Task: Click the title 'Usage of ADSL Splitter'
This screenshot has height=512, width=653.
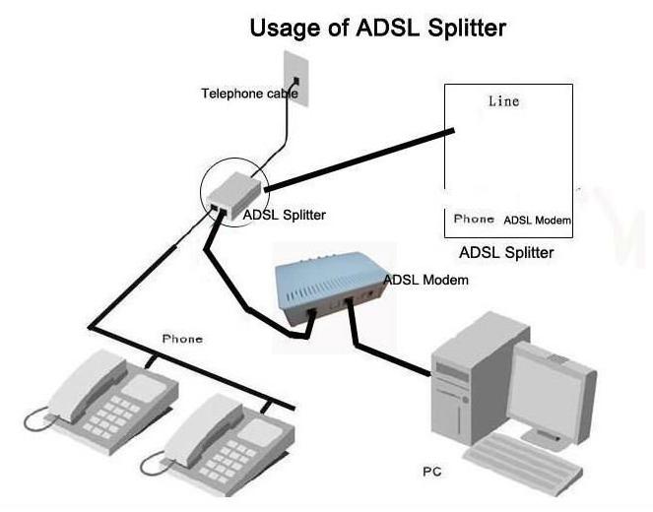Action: [x=378, y=27]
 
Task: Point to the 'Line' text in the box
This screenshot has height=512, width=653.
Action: [x=503, y=101]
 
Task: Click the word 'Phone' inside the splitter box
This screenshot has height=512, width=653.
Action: [x=474, y=219]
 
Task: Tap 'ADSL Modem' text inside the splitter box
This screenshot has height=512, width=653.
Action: [x=537, y=220]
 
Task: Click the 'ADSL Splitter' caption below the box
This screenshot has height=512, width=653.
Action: [x=506, y=253]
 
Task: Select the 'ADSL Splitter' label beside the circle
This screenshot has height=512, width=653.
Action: [x=284, y=215]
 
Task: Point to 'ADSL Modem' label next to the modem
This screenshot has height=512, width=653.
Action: [x=425, y=281]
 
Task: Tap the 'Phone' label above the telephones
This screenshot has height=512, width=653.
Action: [x=182, y=339]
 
